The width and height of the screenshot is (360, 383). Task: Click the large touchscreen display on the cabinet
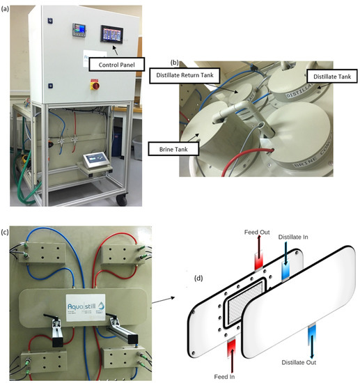tap(111, 33)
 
